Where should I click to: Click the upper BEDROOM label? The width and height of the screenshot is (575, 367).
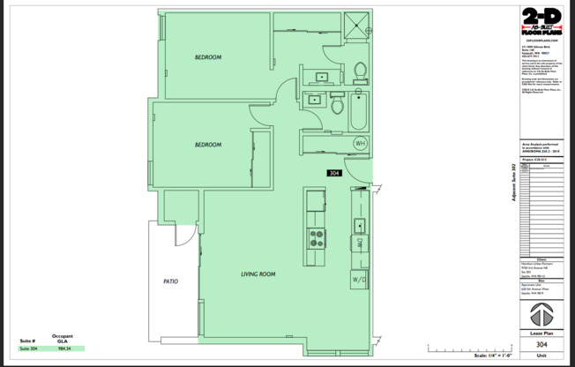pos(208,57)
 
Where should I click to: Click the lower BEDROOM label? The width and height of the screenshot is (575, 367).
pos(208,145)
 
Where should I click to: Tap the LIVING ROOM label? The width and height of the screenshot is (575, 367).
pos(258,274)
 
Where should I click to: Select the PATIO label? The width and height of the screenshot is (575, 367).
pos(170,281)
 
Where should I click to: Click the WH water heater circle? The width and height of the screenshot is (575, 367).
pos(361,143)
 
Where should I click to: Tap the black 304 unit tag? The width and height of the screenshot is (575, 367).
pos(334,173)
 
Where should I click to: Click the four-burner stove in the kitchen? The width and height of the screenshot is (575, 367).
pos(316,237)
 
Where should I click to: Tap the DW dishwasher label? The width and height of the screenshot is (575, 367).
pos(361,242)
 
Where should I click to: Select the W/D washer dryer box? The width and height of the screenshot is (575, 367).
pos(360,280)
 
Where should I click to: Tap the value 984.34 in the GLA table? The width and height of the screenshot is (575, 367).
pos(63,348)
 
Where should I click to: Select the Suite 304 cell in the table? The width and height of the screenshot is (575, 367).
pos(29,348)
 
